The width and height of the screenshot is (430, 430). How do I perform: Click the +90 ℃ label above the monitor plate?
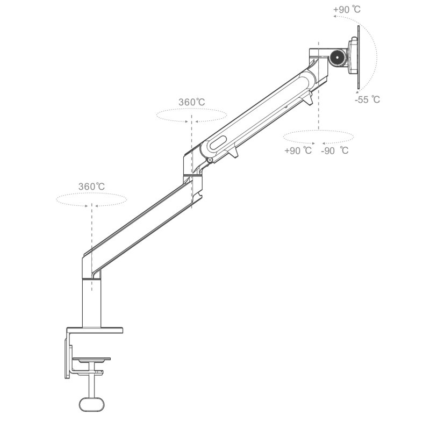click(x=347, y=10)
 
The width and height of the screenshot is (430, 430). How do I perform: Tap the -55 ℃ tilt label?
click(x=367, y=99)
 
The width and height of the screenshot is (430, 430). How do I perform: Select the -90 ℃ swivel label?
click(x=335, y=150)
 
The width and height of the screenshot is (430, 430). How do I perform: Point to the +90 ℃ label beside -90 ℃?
click(x=298, y=150)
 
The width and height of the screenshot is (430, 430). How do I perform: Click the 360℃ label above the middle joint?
click(x=192, y=102)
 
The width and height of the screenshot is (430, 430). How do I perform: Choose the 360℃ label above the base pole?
click(x=91, y=187)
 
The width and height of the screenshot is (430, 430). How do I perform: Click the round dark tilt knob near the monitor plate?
click(x=338, y=57)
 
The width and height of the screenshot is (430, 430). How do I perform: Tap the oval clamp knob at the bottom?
click(x=92, y=404)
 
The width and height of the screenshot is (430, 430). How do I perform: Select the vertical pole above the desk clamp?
click(x=91, y=303)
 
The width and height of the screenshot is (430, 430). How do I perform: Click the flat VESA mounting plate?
click(x=359, y=58)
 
